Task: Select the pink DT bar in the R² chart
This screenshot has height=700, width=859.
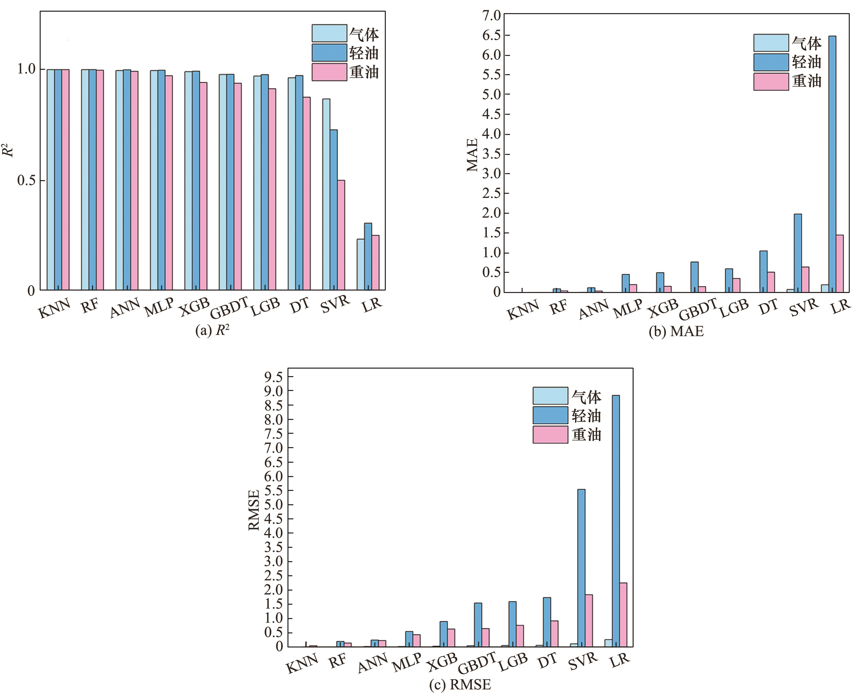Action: [x=307, y=194]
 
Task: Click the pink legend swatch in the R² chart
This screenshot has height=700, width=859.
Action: [x=329, y=72]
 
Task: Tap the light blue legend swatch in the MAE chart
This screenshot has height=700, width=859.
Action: [x=771, y=43]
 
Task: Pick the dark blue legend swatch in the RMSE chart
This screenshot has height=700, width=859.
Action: [x=550, y=415]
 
